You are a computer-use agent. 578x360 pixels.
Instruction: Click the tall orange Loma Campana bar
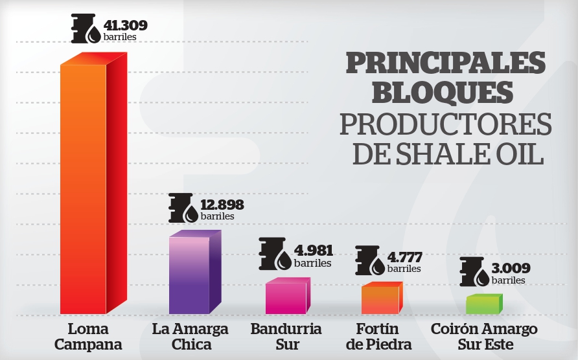pos(83,188)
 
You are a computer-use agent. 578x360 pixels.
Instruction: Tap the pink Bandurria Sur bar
pos(286,298)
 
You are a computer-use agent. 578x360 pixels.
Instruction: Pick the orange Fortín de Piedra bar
pos(380,300)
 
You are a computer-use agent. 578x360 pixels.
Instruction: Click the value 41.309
pos(126,26)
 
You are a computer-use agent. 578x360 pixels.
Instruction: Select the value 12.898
pos(222,205)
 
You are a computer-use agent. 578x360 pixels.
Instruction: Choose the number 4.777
pos(405,256)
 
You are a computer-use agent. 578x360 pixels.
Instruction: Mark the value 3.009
pos(511,268)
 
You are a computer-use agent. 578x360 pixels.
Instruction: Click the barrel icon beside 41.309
pos(86,30)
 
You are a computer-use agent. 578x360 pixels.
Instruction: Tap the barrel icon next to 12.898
pos(183,208)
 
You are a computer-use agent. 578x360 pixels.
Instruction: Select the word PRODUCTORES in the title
pos(446,124)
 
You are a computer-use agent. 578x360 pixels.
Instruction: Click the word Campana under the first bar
pos(88,344)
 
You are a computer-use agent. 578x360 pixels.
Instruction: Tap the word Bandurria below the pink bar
pos(286,328)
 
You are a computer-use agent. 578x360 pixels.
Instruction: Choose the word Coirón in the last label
pos(454,328)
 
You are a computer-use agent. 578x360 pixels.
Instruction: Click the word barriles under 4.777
pos(404,268)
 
